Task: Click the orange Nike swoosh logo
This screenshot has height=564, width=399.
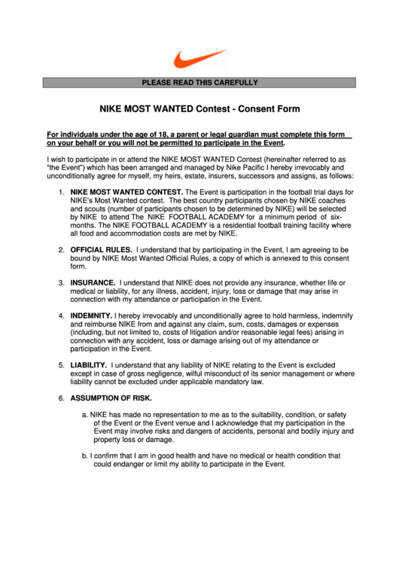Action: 200,58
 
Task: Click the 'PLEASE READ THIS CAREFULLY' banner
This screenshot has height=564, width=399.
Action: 200,83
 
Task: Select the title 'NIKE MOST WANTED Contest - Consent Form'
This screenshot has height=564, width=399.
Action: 200,108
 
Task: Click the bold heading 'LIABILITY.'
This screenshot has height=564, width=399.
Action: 89,364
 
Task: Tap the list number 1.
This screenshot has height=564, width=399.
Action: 61,193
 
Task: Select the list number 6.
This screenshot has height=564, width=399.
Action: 61,398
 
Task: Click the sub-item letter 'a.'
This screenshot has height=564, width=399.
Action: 84,414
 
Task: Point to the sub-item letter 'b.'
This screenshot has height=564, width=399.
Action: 84,456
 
